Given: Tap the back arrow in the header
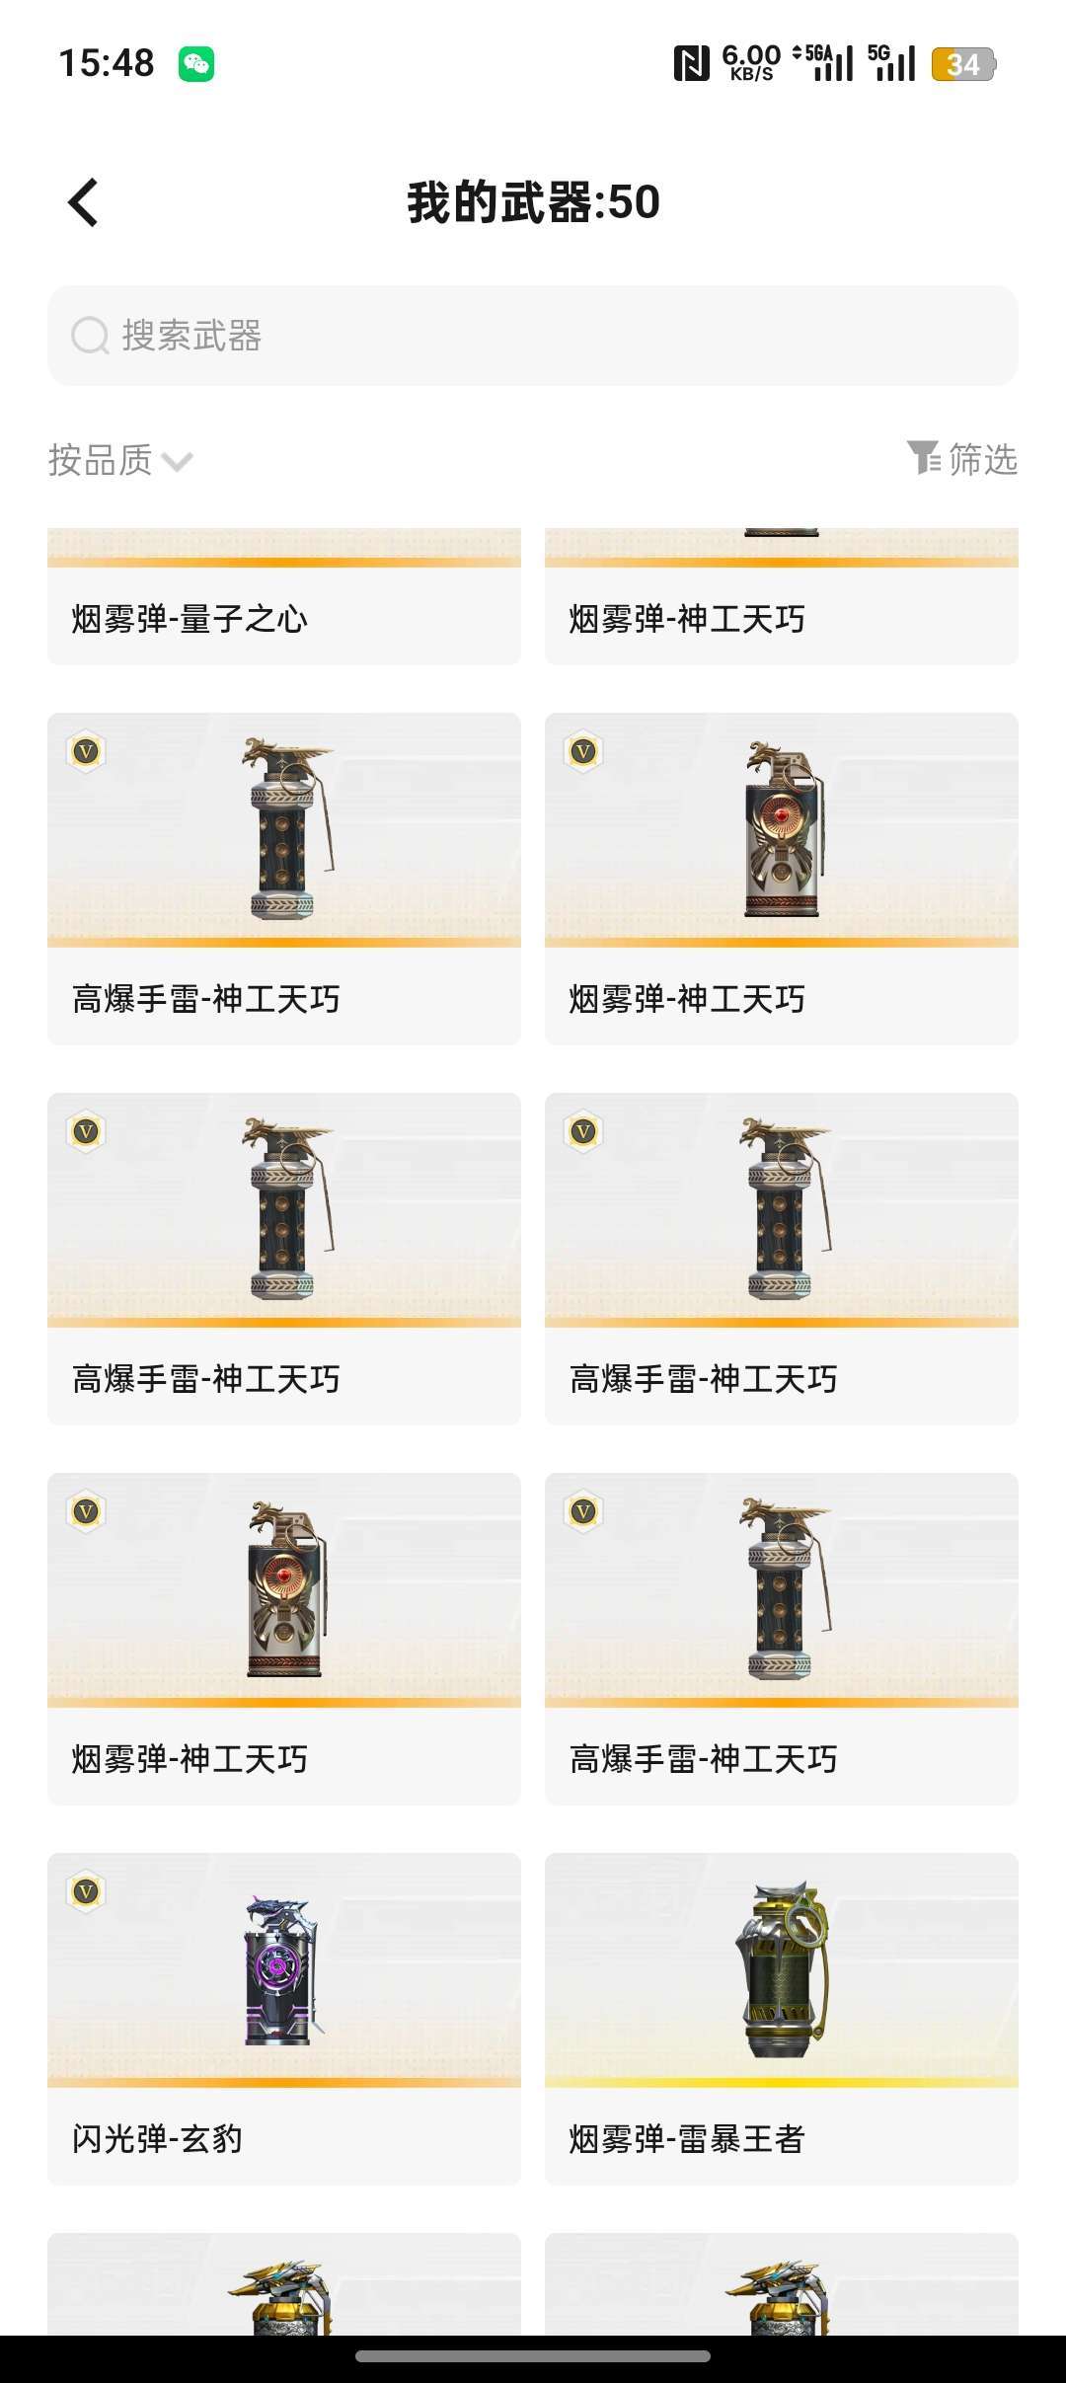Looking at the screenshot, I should pos(84,202).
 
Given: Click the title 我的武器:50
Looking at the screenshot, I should pos(533,202).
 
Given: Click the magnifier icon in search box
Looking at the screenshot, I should pos(90,336).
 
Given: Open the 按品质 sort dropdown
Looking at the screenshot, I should pos(118,460).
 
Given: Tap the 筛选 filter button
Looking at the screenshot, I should pos(962,459).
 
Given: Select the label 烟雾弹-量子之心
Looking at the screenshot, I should pos(190,619).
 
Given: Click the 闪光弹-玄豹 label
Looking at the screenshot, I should pos(158,2138).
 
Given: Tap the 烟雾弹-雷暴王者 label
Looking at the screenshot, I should pos(687,2138).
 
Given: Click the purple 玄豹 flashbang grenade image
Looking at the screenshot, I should pos(281,1970).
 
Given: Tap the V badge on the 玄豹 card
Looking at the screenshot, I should pos(87,1891).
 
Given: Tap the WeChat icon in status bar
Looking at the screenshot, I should pos(196,64).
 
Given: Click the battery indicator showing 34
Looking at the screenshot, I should pos(963,64).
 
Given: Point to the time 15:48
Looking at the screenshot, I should pos(107,64).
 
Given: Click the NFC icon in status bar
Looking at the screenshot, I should pos(691,64).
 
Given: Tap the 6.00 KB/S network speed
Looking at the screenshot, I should pos(751,62).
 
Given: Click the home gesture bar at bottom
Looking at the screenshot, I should pos(533,2356).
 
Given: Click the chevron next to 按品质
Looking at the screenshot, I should pos(177,462).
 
